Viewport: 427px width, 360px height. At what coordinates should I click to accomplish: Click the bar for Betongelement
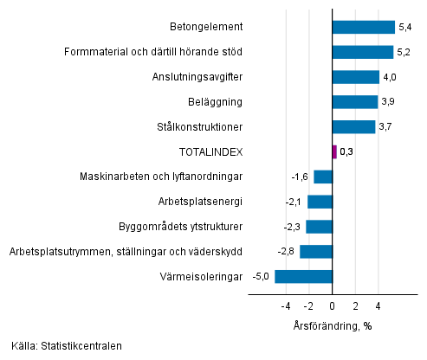[363, 27]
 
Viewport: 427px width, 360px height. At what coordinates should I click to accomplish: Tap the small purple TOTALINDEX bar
[334, 151]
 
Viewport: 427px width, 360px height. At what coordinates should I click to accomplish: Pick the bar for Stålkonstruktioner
[353, 126]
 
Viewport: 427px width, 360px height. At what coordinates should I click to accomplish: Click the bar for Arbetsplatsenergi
[320, 202]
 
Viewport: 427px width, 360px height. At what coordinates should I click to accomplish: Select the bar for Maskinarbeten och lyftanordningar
[322, 177]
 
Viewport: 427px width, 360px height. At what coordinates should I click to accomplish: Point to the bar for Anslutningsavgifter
[355, 77]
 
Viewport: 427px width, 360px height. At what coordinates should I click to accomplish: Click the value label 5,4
[405, 27]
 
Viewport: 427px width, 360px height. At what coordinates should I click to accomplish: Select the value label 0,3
[346, 151]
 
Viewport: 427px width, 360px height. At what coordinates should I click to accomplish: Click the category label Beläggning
[217, 102]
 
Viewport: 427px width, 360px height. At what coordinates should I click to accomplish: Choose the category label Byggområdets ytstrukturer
[180, 227]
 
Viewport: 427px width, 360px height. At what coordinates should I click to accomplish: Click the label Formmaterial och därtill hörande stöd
[153, 52]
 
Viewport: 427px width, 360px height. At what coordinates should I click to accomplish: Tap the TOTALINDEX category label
[210, 151]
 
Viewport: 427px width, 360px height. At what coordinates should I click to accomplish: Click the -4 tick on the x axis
[285, 305]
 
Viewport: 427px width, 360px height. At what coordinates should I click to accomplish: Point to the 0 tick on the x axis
[332, 305]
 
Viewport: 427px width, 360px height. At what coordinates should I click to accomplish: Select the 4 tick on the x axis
[378, 305]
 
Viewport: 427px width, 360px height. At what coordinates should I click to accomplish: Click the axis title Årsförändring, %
[332, 325]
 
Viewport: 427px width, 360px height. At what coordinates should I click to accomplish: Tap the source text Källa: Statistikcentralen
[67, 346]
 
